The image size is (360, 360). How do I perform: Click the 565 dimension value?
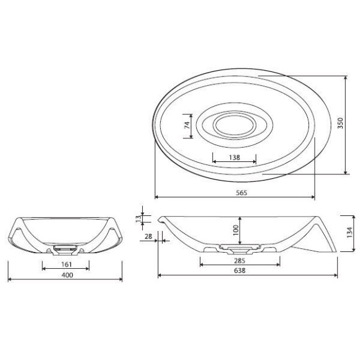(241, 192)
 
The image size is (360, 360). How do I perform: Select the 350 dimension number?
(341, 123)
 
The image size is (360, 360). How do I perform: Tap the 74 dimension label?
(187, 125)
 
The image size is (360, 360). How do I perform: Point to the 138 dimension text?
(235, 157)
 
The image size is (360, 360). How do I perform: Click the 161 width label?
(66, 264)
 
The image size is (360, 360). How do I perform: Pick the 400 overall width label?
(67, 275)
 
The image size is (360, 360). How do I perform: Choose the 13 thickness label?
(138, 218)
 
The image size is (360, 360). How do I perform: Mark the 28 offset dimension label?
(148, 236)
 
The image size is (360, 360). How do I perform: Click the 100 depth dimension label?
(236, 230)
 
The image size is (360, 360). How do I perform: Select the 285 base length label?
(240, 261)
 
